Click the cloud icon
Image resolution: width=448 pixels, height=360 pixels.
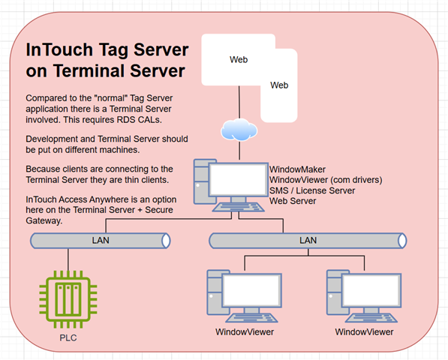click(239, 130)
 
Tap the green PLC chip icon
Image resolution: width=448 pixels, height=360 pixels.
click(68, 299)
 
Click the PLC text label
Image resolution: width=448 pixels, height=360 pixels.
click(68, 338)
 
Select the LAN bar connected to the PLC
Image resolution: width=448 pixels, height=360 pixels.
click(101, 241)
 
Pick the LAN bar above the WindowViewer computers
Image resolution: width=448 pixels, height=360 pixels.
click(308, 241)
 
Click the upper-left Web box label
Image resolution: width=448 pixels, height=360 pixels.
click(239, 60)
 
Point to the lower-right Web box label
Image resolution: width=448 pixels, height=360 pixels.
click(279, 85)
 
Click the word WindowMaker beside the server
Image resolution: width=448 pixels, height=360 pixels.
click(297, 169)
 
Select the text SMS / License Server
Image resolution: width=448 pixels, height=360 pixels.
click(312, 190)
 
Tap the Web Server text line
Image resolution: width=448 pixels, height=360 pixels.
click(293, 201)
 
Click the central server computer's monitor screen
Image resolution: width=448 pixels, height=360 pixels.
click(239, 179)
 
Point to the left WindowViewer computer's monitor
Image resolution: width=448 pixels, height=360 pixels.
click(251, 290)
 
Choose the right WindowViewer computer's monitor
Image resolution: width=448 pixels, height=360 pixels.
click(371, 290)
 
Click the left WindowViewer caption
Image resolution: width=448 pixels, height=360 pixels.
click(245, 332)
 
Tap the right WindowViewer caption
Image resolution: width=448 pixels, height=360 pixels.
click(364, 332)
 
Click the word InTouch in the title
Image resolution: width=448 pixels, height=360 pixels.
click(59, 49)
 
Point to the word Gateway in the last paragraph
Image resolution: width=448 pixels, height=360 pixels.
click(44, 220)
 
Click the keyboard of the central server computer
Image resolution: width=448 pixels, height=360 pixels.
click(239, 207)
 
